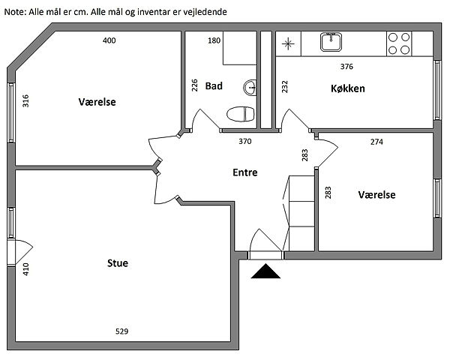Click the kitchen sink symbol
pyautogui.click(x=331, y=42)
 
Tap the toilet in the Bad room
pyautogui.click(x=241, y=114)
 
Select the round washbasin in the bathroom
pyautogui.click(x=250, y=87)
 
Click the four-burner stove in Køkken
pyautogui.click(x=399, y=43)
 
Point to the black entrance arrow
pyautogui.click(x=265, y=271)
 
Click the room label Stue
pyautogui.click(x=118, y=263)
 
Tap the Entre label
pyautogui.click(x=245, y=172)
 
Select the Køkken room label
pyautogui.click(x=348, y=88)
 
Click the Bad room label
pyautogui.click(x=214, y=85)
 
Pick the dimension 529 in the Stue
pyautogui.click(x=121, y=331)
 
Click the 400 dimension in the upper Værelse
pyautogui.click(x=109, y=40)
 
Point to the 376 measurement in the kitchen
pyautogui.click(x=346, y=67)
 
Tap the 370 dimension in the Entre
pyautogui.click(x=245, y=141)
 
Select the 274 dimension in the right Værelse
pyautogui.click(x=376, y=142)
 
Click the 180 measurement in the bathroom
pyautogui.click(x=214, y=40)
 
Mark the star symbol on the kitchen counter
pyautogui.click(x=288, y=44)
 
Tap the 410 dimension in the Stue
pyautogui.click(x=25, y=269)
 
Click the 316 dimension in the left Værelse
pyautogui.click(x=25, y=100)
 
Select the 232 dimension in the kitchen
pyautogui.click(x=285, y=86)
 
